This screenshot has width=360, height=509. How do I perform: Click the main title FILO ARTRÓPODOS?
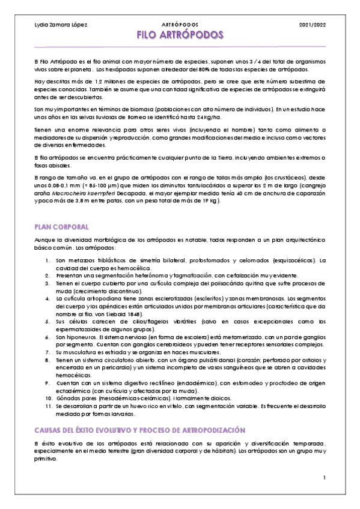180,35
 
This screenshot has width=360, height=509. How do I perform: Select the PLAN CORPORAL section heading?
61,227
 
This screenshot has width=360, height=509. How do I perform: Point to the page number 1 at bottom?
323,478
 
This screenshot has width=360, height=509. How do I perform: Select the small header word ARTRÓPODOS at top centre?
180,25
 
